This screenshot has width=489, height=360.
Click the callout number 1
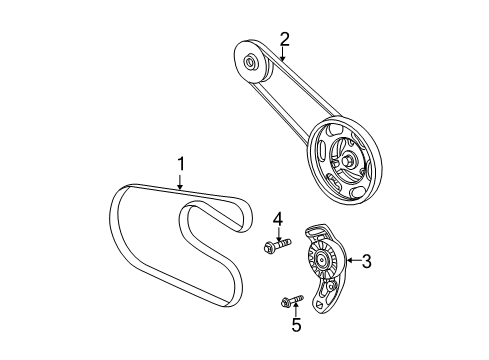click(x=181, y=164)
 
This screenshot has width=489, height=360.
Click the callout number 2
click(x=285, y=39)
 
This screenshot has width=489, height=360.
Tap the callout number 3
click(x=366, y=262)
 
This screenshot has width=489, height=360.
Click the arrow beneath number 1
click(x=181, y=181)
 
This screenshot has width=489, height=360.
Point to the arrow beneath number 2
click(x=284, y=55)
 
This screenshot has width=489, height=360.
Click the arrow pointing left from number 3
click(x=350, y=262)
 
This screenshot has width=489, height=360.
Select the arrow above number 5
click(x=295, y=309)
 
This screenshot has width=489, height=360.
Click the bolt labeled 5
click(x=292, y=298)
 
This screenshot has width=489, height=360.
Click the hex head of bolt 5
click(x=286, y=299)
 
